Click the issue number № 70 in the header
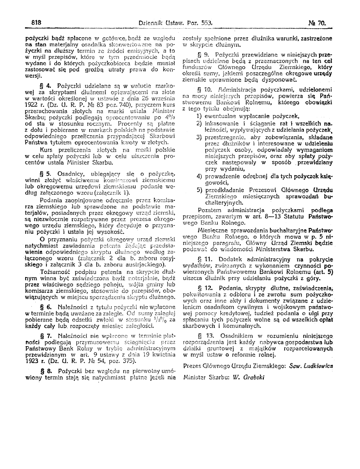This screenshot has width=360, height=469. point(320,23)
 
